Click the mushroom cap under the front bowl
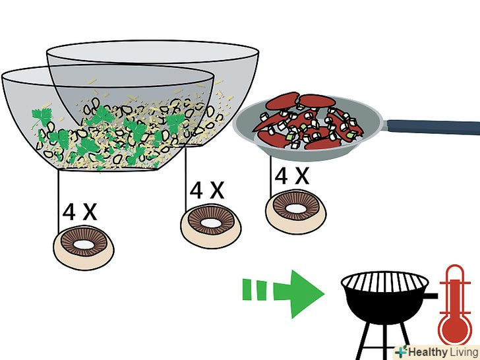tap(83, 248)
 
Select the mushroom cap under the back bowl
tap(211, 227)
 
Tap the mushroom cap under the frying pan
tap(295, 212)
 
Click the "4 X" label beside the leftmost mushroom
tap(80, 211)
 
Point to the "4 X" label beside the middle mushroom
tap(207, 190)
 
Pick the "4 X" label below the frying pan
tap(291, 175)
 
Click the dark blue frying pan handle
tap(432, 127)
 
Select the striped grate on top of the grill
tap(385, 282)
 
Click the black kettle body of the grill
tap(385, 306)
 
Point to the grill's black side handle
tap(432, 295)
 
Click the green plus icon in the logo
tap(401, 351)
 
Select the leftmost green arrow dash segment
tap(247, 289)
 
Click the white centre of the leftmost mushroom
tap(83, 245)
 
